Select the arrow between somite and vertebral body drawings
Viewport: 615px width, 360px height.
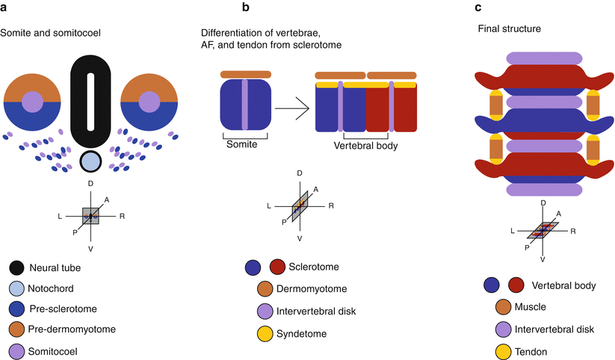[291, 109]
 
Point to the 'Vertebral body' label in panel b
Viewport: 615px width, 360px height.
[365, 146]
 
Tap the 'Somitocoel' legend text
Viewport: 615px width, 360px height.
[57, 350]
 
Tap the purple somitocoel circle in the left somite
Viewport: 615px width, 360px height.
[32, 101]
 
